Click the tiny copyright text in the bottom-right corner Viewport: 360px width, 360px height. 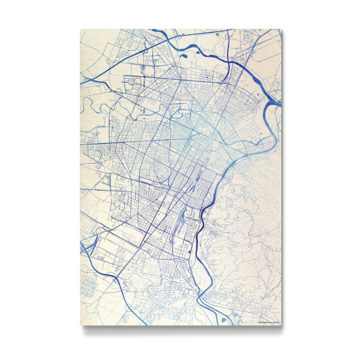point(268,323)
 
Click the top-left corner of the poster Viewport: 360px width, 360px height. point(80,29)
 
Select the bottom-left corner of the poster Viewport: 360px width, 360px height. point(80,326)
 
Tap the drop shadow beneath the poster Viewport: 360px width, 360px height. point(180,329)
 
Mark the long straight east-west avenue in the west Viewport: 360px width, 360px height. point(120,144)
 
